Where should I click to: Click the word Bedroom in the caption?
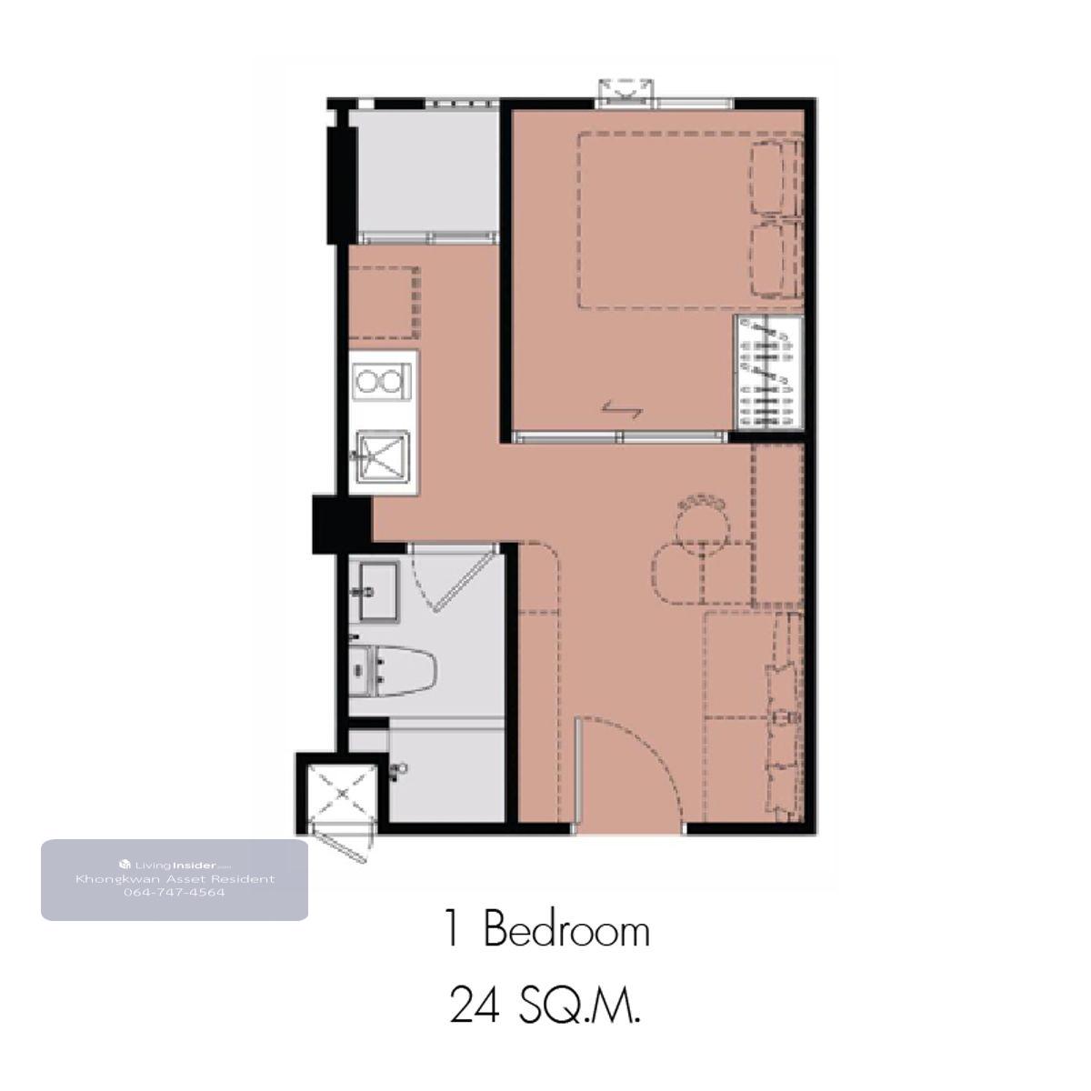[x=566, y=931]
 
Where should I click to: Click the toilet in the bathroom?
[x=392, y=671]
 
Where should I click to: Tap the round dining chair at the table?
[x=702, y=522]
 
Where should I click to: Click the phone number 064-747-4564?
[x=175, y=893]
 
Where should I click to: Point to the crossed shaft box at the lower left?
[x=342, y=794]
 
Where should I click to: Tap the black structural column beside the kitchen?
[x=342, y=525]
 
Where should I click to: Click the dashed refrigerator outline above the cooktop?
[x=384, y=302]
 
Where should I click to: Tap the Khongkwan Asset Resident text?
[x=175, y=879]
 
